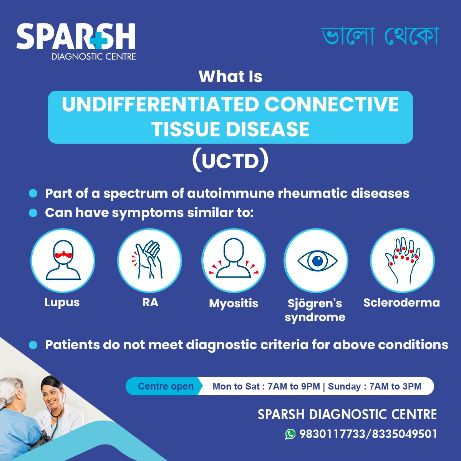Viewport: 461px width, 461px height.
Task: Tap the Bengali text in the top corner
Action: coord(380,36)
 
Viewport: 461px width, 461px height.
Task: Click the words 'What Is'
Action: coord(230,76)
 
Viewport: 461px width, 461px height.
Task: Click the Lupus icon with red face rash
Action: coord(63,260)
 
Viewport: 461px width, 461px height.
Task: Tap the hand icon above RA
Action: coord(149,260)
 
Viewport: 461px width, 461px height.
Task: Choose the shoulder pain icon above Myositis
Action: coord(234,260)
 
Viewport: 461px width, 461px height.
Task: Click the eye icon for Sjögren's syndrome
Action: coord(317,260)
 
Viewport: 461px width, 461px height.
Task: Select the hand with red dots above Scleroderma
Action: coord(402,260)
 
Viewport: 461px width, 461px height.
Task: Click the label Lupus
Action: coord(62,302)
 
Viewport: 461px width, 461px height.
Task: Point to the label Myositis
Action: coord(234,303)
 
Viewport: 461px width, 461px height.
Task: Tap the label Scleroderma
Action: coord(401,303)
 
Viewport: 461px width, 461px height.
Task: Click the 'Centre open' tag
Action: coord(166,386)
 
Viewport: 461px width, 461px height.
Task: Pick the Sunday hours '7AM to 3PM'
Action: coord(395,386)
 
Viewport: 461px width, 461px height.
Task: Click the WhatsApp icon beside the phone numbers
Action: coord(290,434)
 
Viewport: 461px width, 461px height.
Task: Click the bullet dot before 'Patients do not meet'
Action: coord(33,345)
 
